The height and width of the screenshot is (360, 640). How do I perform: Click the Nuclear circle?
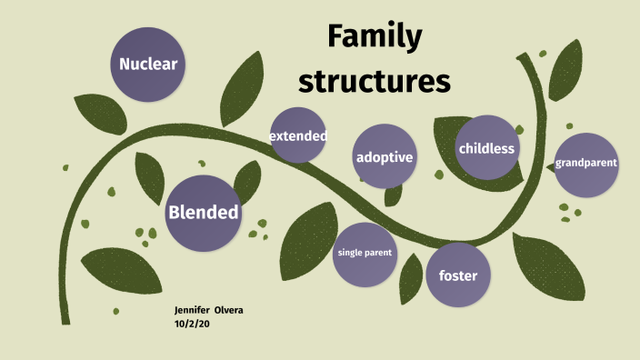click(x=147, y=64)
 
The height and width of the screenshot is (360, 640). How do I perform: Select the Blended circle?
click(x=203, y=213)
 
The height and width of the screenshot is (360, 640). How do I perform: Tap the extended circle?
click(x=297, y=135)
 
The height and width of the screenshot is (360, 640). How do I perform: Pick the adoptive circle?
click(x=385, y=157)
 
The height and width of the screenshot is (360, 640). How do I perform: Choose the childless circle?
click(x=487, y=147)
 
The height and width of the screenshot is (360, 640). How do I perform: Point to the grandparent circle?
click(x=586, y=165)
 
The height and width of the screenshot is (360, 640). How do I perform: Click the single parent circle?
click(x=365, y=253)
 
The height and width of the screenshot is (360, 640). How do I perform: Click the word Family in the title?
click(x=375, y=38)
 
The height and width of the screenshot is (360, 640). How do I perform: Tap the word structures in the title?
click(x=375, y=81)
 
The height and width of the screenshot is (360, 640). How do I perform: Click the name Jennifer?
click(x=192, y=311)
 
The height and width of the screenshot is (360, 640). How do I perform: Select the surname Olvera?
click(x=228, y=311)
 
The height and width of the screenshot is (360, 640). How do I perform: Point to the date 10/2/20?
click(x=192, y=323)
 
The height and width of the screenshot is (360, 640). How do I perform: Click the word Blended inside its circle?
click(x=203, y=213)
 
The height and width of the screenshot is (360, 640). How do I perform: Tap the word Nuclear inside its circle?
click(x=147, y=65)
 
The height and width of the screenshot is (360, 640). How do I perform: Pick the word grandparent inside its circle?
click(x=586, y=164)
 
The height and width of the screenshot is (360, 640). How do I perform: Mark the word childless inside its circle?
click(x=487, y=148)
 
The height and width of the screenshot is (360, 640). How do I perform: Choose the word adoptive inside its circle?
click(x=385, y=157)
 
